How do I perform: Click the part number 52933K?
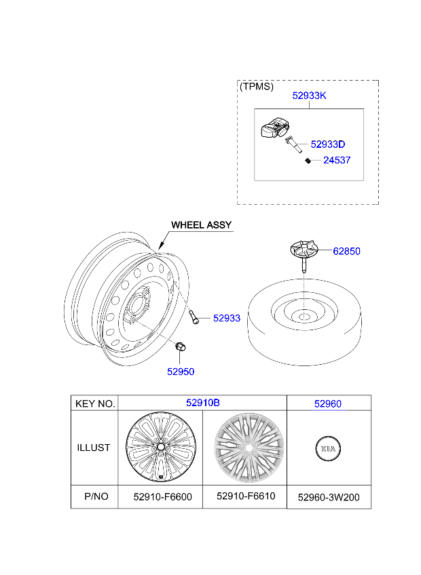[309, 96]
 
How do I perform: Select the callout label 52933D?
[328, 144]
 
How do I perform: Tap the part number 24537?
[337, 160]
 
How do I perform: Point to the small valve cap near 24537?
[308, 161]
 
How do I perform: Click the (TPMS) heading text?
[257, 87]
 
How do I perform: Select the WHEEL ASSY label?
[201, 225]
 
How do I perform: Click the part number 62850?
[346, 251]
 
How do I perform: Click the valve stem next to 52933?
[194, 317]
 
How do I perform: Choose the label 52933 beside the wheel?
[227, 318]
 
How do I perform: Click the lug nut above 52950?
[180, 346]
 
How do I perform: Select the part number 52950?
[181, 372]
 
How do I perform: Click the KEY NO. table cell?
[95, 403]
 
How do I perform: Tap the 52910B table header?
[203, 403]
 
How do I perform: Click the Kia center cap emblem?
[328, 448]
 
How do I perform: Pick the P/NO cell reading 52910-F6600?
[162, 497]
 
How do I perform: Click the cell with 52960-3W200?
[329, 498]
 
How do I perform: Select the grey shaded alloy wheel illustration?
[249, 448]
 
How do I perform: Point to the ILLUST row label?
[93, 448]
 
